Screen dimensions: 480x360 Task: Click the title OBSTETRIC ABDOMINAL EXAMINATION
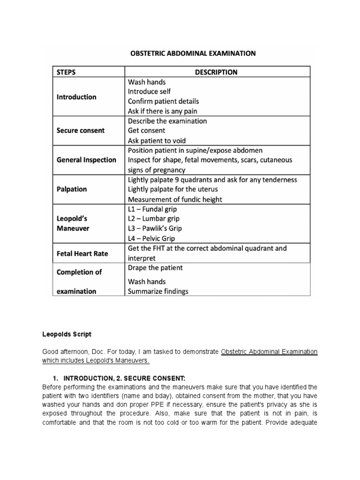click(x=193, y=53)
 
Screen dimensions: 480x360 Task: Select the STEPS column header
click(x=67, y=72)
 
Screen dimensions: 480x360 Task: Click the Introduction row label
click(x=76, y=97)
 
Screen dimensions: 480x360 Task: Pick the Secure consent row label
click(x=81, y=130)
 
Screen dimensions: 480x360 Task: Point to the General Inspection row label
click(x=86, y=160)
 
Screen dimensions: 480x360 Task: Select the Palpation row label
click(x=72, y=189)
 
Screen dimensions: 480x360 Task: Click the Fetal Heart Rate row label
click(x=82, y=254)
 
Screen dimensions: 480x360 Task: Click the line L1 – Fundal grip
click(x=152, y=209)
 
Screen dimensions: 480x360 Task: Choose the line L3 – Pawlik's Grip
click(x=155, y=228)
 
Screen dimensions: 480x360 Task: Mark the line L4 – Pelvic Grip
click(x=151, y=238)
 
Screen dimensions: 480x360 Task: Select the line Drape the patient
click(x=155, y=268)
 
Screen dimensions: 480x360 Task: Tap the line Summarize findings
click(x=158, y=291)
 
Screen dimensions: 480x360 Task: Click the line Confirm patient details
click(x=163, y=101)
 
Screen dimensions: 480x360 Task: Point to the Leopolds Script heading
click(x=67, y=334)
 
